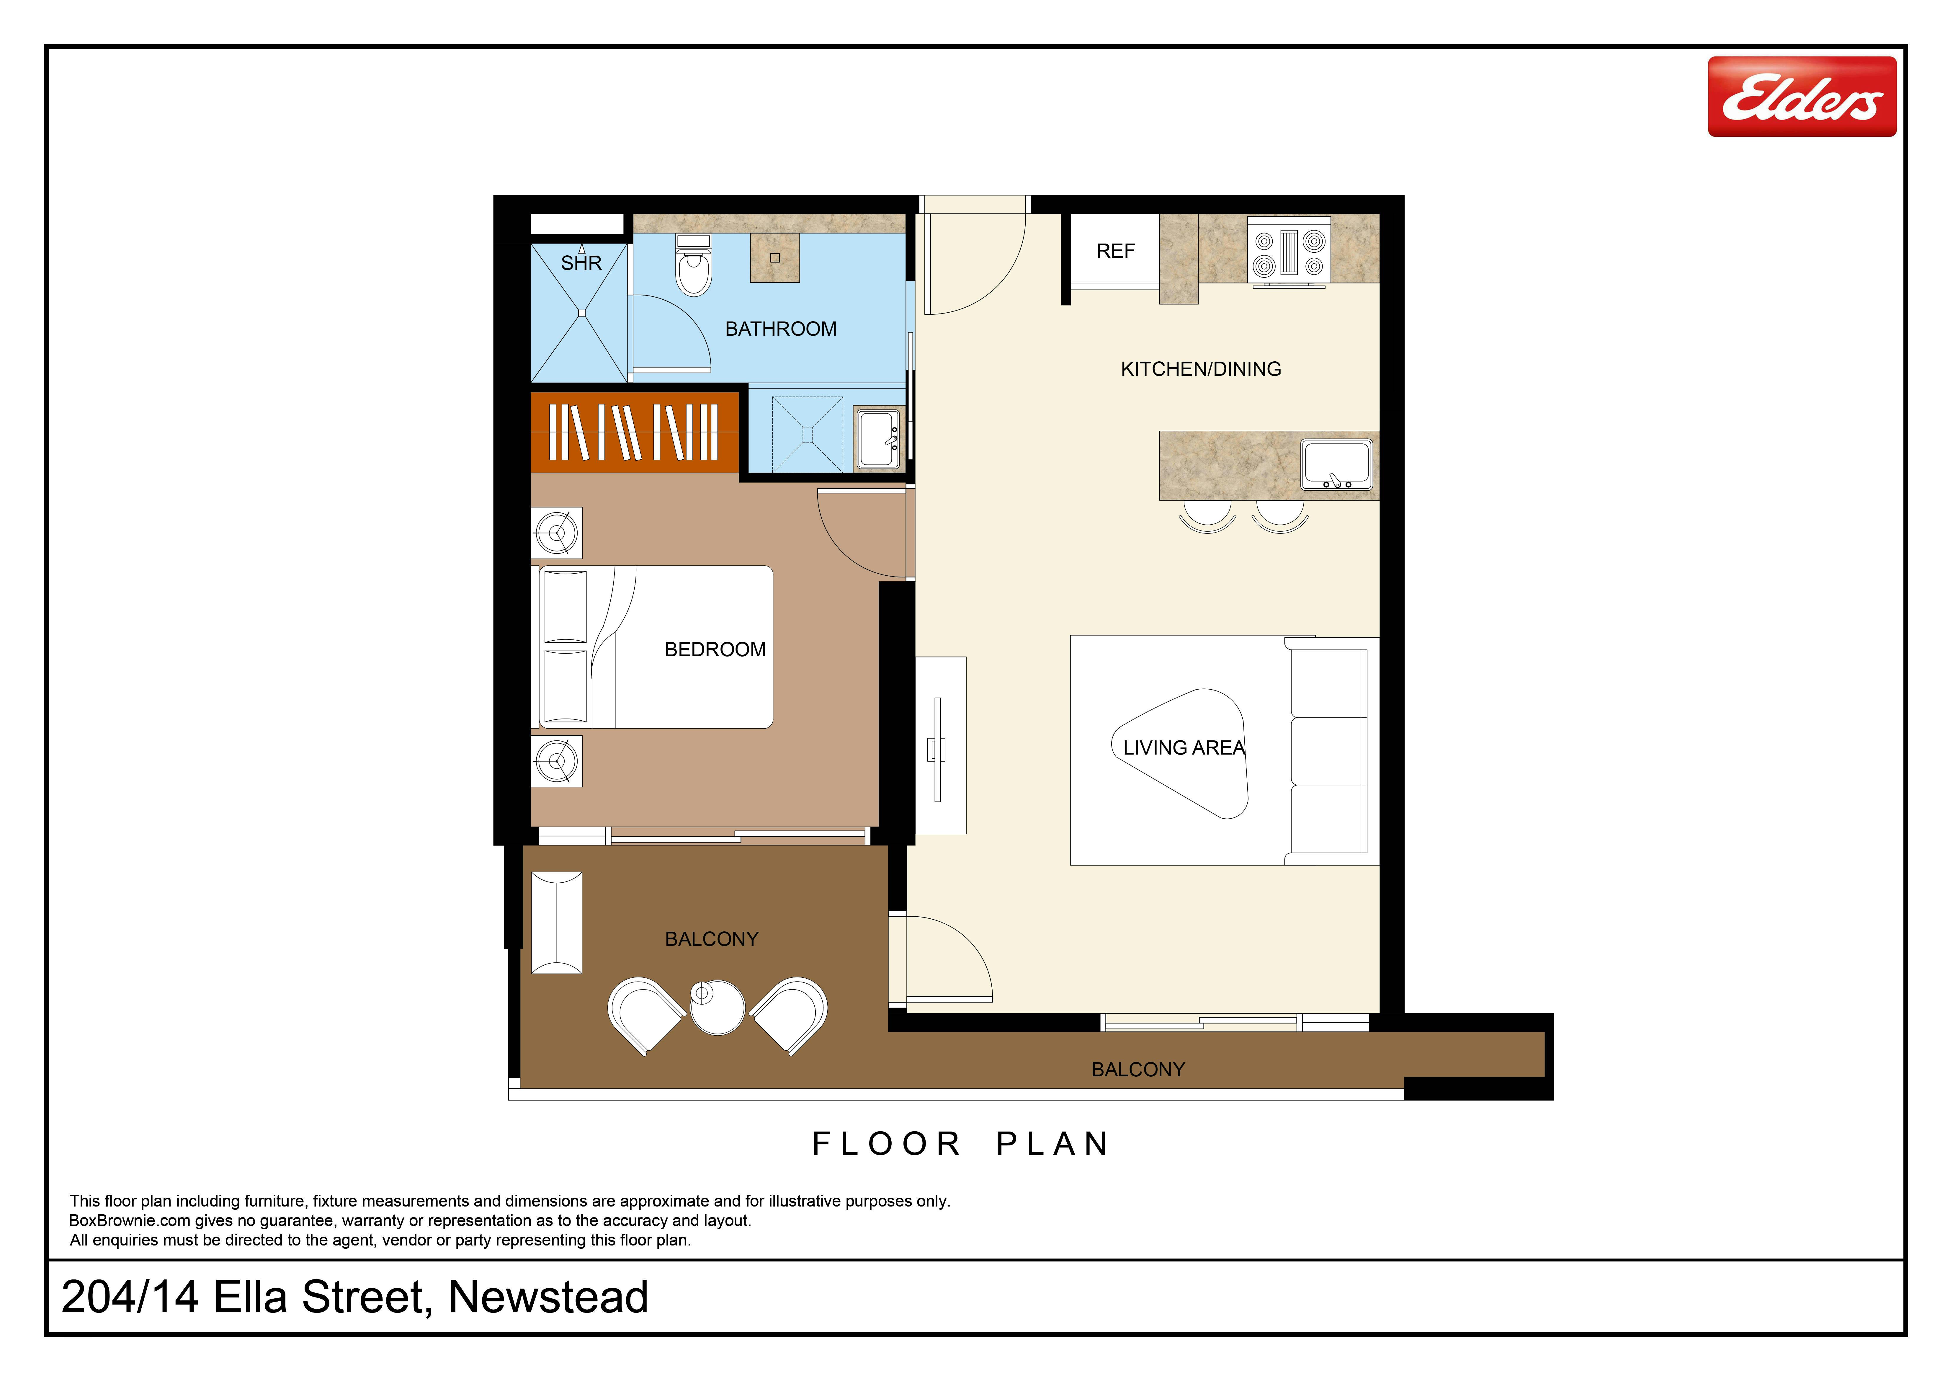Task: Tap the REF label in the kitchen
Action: coord(1115,251)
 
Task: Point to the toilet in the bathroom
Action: coord(693,265)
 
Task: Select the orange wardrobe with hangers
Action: coord(635,432)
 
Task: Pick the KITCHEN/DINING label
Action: coord(1200,369)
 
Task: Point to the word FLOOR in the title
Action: coord(886,1144)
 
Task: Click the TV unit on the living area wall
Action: coord(940,745)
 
